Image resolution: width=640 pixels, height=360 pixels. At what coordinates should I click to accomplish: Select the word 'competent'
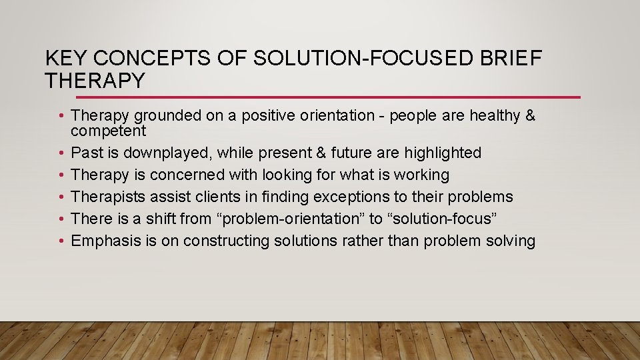(x=108, y=130)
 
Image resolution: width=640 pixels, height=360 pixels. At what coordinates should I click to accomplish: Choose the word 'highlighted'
(x=441, y=153)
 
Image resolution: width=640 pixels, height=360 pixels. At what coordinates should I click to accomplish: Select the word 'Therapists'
(x=107, y=197)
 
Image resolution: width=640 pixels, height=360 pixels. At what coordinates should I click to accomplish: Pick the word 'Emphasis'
(x=105, y=241)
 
